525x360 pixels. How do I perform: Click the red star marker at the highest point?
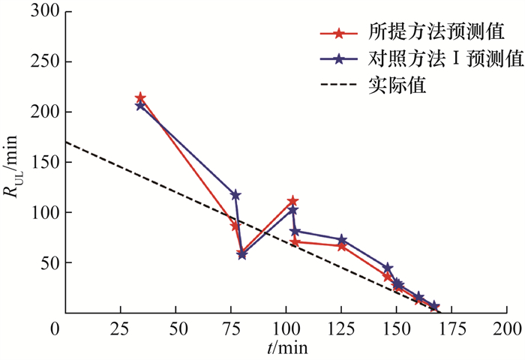point(140,98)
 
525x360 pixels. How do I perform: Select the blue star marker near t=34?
point(140,106)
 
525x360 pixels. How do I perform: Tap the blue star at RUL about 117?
point(235,195)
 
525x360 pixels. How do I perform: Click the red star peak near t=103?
point(292,201)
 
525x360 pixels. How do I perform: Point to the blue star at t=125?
point(342,240)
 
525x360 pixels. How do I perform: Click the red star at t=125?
point(342,246)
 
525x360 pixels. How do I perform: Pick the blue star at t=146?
point(388,268)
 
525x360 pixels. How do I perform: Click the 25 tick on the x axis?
point(121,328)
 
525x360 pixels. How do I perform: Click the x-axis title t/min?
point(284,347)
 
